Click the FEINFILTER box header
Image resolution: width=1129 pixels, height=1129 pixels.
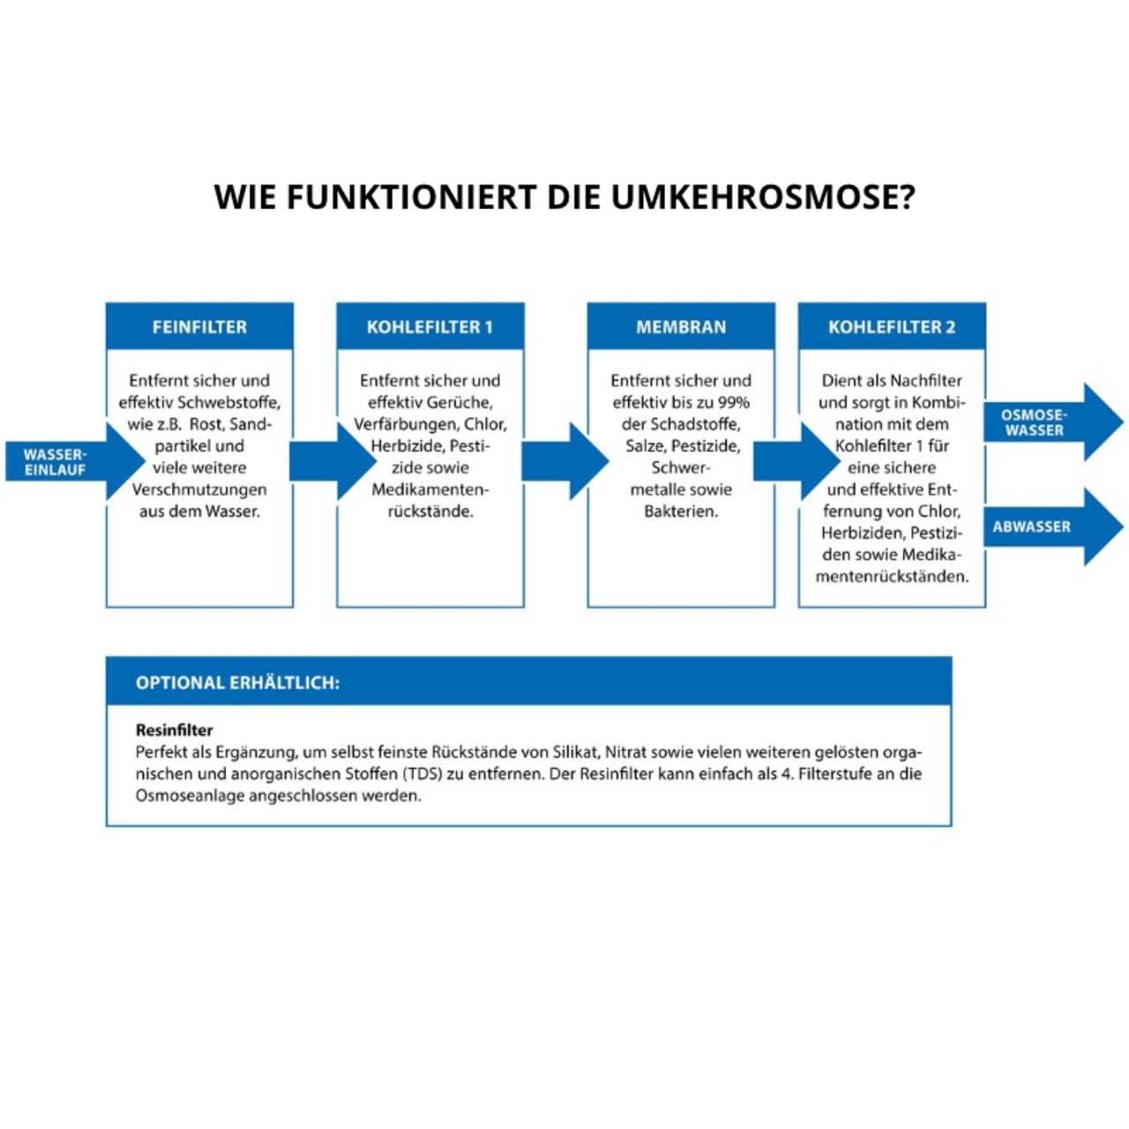pyautogui.click(x=199, y=327)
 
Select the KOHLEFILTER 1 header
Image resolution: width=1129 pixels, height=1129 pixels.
pyautogui.click(x=430, y=327)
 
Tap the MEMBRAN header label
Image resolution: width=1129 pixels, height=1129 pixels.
pyautogui.click(x=681, y=327)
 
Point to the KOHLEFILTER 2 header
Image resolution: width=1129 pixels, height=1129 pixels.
pyautogui.click(x=891, y=327)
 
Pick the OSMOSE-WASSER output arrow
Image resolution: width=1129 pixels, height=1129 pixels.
pyautogui.click(x=1050, y=422)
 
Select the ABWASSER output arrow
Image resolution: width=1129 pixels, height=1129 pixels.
pyautogui.click(x=1050, y=527)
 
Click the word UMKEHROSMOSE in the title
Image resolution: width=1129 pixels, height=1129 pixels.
pyautogui.click(x=763, y=197)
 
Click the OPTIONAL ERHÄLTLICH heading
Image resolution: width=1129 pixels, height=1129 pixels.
pyautogui.click(x=237, y=683)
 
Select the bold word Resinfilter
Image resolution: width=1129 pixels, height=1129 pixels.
pyautogui.click(x=175, y=730)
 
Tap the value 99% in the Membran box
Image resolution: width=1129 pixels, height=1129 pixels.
pyautogui.click(x=733, y=402)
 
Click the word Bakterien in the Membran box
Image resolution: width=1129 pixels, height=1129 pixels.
pyautogui.click(x=680, y=512)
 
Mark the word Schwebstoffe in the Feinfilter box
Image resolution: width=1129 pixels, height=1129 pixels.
pyautogui.click(x=228, y=402)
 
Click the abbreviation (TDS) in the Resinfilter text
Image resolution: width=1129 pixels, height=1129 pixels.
pyautogui.click(x=422, y=774)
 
